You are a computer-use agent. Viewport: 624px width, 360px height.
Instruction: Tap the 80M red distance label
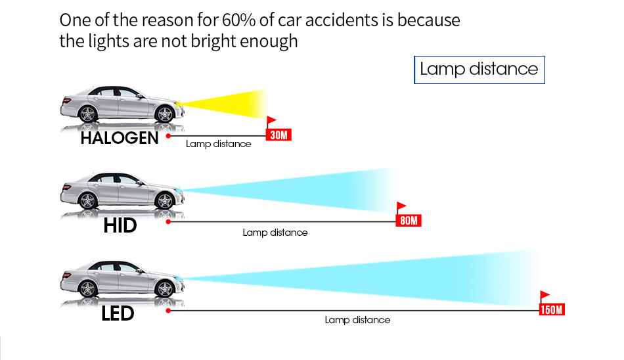click(x=409, y=221)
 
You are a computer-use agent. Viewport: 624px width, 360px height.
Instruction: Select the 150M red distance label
click(x=551, y=309)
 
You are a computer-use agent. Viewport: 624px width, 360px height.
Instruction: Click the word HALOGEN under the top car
click(x=120, y=139)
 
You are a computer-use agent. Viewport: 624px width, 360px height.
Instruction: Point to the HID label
click(x=120, y=226)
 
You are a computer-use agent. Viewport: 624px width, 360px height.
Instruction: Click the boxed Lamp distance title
click(x=479, y=70)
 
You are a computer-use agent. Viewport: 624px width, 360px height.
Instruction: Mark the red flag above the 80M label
click(x=401, y=206)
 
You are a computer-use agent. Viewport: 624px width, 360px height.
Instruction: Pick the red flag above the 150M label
click(x=545, y=295)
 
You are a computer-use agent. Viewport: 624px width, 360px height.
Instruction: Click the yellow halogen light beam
click(x=230, y=104)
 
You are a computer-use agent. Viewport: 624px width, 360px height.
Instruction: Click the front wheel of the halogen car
click(x=166, y=114)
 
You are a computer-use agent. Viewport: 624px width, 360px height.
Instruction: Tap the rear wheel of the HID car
click(x=87, y=201)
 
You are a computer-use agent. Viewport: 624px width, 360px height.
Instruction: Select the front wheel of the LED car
click(x=166, y=288)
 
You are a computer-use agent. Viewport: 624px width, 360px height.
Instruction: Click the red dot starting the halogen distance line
click(x=169, y=135)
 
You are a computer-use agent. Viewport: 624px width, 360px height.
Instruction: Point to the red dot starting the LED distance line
click(x=169, y=309)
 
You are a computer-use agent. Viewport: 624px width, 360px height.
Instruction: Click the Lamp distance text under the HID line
click(x=275, y=233)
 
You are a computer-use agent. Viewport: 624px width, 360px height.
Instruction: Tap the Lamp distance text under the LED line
click(x=357, y=320)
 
